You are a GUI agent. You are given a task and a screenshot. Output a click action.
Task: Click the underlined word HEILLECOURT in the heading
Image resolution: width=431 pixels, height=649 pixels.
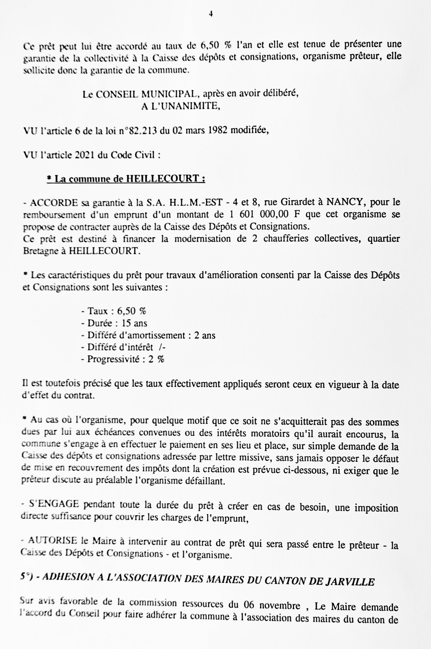(x=162, y=179)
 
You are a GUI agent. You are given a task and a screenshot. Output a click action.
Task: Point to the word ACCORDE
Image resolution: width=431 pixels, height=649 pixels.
(x=53, y=203)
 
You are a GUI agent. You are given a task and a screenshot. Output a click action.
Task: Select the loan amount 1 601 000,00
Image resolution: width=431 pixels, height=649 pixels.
(x=259, y=214)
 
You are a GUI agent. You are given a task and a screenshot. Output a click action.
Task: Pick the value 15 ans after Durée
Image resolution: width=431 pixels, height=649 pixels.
(x=134, y=323)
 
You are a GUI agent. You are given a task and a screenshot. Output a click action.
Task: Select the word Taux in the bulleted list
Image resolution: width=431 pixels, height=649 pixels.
(x=98, y=311)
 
